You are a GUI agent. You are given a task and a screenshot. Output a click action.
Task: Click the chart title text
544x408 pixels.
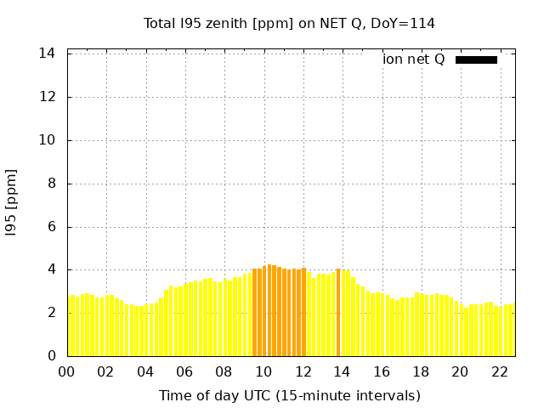289,23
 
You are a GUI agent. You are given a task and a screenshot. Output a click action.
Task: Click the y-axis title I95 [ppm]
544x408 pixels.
12,202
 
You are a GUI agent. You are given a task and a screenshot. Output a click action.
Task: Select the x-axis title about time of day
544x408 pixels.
289,395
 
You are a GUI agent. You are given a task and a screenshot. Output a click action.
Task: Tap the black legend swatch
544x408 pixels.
476,59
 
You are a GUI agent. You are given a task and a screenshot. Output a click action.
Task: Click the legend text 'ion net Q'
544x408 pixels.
414,59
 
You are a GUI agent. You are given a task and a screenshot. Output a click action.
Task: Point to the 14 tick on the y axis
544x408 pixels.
48,54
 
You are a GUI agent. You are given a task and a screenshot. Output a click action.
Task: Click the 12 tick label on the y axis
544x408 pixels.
48,97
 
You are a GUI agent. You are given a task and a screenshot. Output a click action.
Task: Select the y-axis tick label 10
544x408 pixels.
48,140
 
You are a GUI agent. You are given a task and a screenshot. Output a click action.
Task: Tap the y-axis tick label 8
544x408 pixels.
52,184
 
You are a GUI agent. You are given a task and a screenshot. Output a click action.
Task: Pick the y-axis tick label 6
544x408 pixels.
52,227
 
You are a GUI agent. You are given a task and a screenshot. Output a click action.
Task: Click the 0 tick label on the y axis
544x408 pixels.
52,356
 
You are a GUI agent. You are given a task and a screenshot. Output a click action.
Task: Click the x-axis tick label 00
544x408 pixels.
67,371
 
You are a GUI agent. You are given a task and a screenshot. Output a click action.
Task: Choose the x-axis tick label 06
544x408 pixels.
185,371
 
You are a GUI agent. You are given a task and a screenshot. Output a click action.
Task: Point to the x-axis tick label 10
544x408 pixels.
264,371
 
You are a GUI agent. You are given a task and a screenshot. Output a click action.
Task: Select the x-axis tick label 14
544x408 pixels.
343,371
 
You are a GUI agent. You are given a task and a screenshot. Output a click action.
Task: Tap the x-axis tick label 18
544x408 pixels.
422,371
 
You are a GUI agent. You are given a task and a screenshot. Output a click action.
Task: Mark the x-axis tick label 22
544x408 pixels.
500,371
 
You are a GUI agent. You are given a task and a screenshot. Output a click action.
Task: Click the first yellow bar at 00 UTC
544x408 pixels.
72,326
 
